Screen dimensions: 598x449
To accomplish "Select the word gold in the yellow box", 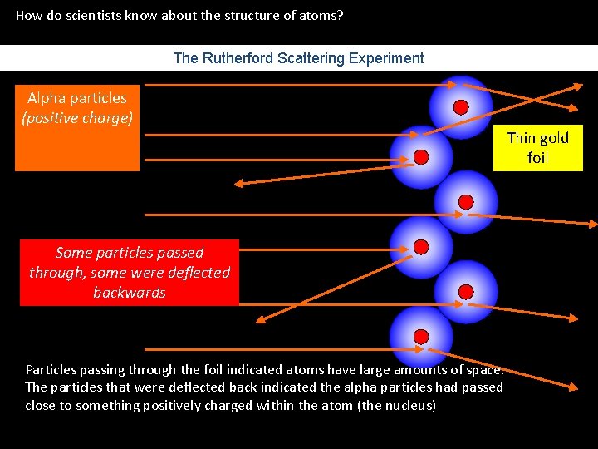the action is click(x=554, y=138).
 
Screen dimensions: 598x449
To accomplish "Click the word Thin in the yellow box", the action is click(x=522, y=138).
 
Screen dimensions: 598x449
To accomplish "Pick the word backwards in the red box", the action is click(x=130, y=293).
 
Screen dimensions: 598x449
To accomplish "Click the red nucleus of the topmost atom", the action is click(x=461, y=106).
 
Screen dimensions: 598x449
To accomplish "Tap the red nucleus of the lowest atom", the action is click(x=421, y=336).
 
